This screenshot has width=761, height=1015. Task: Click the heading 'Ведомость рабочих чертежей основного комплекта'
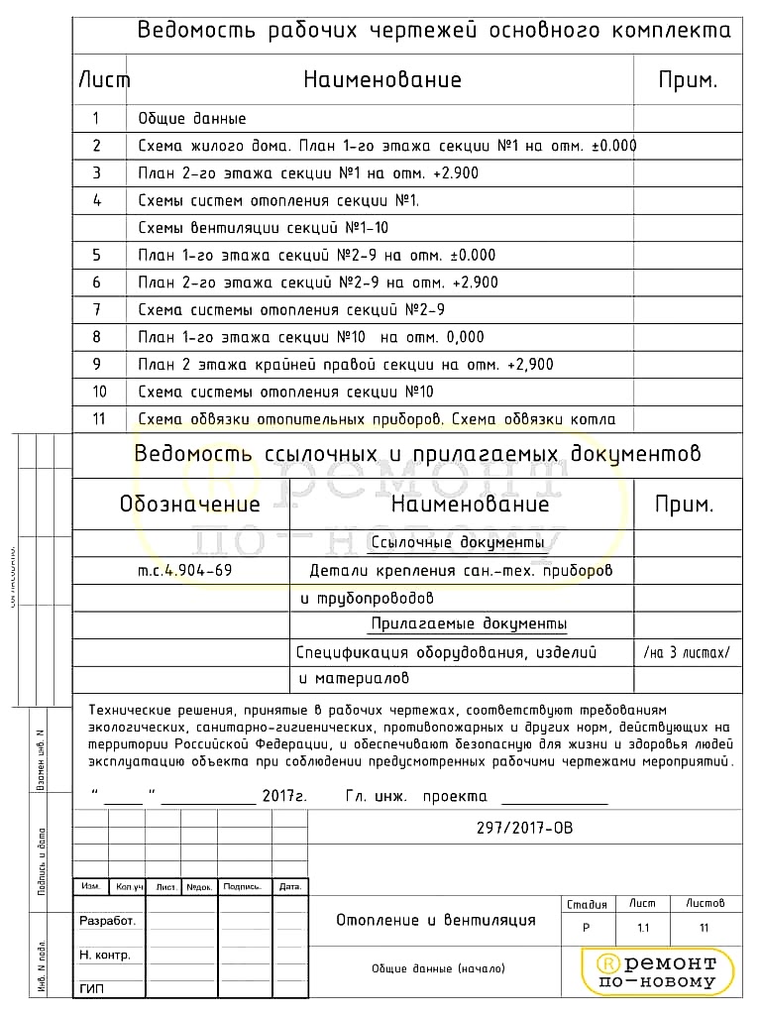point(434,31)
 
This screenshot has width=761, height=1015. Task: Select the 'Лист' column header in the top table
point(103,80)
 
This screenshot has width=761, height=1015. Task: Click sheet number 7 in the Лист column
point(96,309)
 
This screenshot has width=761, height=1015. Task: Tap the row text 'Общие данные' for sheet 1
point(192,119)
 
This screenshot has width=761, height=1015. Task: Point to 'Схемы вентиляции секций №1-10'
point(263,227)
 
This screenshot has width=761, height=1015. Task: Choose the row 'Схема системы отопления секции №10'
point(285,392)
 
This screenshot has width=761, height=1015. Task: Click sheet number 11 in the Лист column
point(98,419)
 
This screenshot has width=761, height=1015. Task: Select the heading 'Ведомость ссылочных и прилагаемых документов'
point(416,455)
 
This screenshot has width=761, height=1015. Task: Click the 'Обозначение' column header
point(189,505)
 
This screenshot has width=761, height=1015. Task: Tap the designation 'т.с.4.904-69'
point(185,571)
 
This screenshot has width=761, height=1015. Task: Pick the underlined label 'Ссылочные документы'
point(458,543)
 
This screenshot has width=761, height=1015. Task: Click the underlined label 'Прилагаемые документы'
point(469,624)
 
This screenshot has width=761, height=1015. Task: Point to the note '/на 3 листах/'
point(686,652)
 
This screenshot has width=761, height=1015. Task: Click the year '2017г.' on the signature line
point(285,797)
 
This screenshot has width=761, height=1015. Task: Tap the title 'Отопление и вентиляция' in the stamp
point(435,920)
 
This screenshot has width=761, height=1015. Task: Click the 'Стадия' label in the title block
point(587,904)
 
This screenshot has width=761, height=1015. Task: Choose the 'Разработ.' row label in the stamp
point(107,921)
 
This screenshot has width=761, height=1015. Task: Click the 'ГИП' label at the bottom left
point(91,989)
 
